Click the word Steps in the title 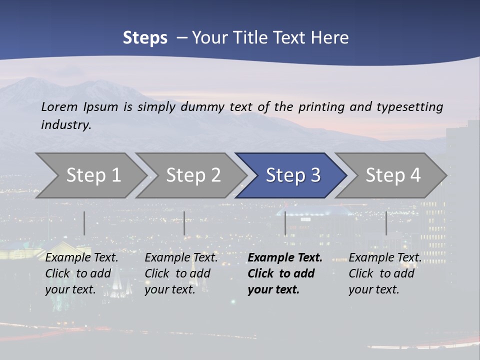[x=145, y=38]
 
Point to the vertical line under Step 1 [x=84, y=223]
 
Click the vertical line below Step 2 [x=184, y=223]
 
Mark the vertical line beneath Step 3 [x=285, y=223]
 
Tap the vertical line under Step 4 [x=386, y=223]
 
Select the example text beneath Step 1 [x=81, y=273]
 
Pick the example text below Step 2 [x=181, y=273]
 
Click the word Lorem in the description [x=59, y=107]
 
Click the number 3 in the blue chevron [x=315, y=175]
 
